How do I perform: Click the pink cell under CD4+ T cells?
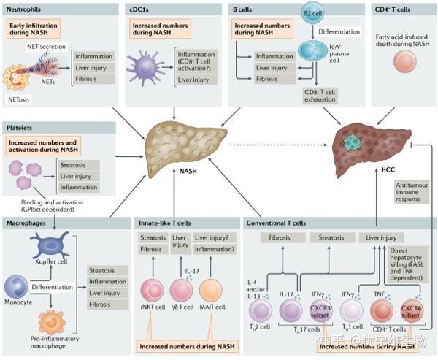tap(404, 61)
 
